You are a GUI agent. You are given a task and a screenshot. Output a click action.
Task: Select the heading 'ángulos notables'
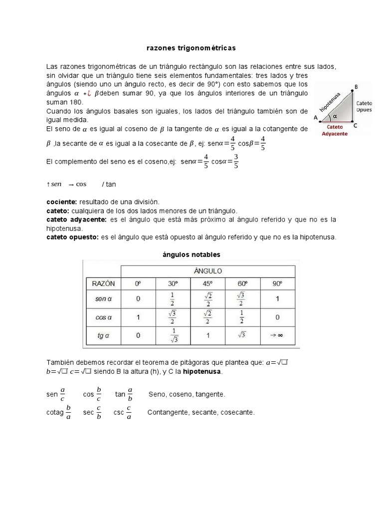click(x=191, y=254)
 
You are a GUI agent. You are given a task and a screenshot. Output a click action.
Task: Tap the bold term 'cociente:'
click(x=61, y=201)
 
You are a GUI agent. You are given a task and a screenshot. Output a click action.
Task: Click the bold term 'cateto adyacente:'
click(x=76, y=219)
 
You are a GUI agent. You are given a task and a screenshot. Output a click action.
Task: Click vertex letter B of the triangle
click(x=356, y=87)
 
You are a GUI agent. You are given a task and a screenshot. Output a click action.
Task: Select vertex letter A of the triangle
click(x=315, y=118)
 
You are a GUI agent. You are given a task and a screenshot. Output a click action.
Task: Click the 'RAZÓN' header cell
click(x=103, y=283)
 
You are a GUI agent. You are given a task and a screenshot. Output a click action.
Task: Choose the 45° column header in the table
click(x=207, y=283)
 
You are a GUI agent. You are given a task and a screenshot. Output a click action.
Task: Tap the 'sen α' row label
click(x=103, y=299)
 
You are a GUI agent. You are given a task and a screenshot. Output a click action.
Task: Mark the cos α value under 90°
click(x=277, y=317)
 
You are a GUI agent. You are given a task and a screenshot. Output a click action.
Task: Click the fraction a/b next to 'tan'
click(x=130, y=394)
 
